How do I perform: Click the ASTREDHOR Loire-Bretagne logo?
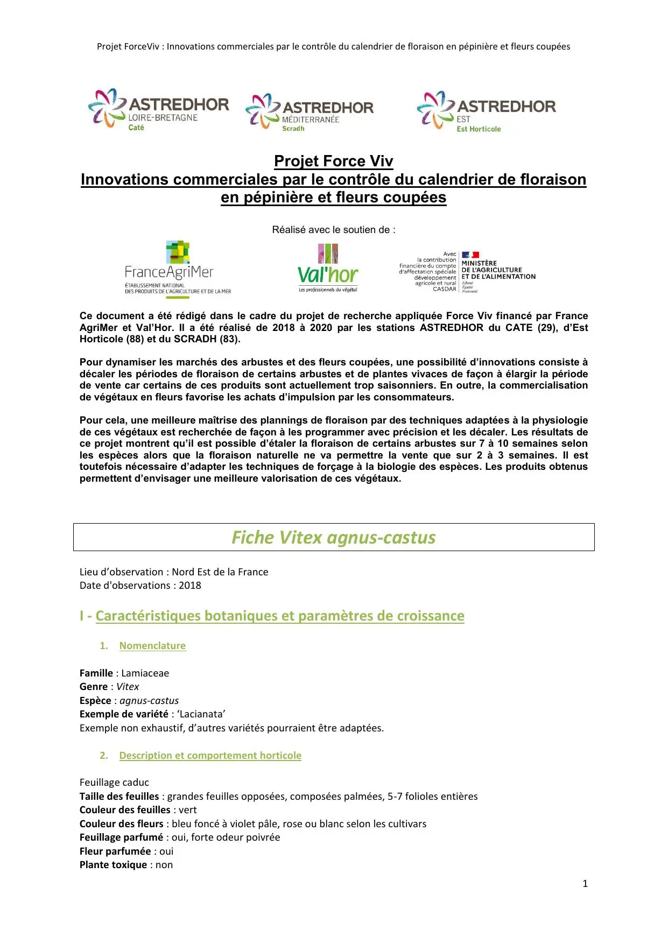tap(159, 110)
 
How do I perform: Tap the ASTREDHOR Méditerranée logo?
tap(310, 112)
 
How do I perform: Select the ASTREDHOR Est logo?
tap(486, 111)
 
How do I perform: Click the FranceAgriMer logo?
tap(178, 269)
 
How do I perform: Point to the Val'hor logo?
tap(328, 269)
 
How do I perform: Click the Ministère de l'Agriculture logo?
tap(467, 271)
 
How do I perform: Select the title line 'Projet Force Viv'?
tap(333, 161)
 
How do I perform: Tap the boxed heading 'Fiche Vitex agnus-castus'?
tap(333, 537)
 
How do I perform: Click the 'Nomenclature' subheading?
tap(152, 645)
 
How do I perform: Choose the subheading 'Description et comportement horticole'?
tap(210, 755)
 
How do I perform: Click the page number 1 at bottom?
tap(585, 883)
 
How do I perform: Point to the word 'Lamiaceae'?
tap(145, 673)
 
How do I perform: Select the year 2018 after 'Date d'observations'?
tap(189, 585)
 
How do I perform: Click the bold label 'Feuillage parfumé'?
tap(121, 837)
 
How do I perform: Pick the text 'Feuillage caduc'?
tap(114, 782)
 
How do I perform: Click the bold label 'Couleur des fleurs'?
tap(121, 823)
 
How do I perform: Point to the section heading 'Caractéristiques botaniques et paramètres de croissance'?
tap(279, 616)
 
